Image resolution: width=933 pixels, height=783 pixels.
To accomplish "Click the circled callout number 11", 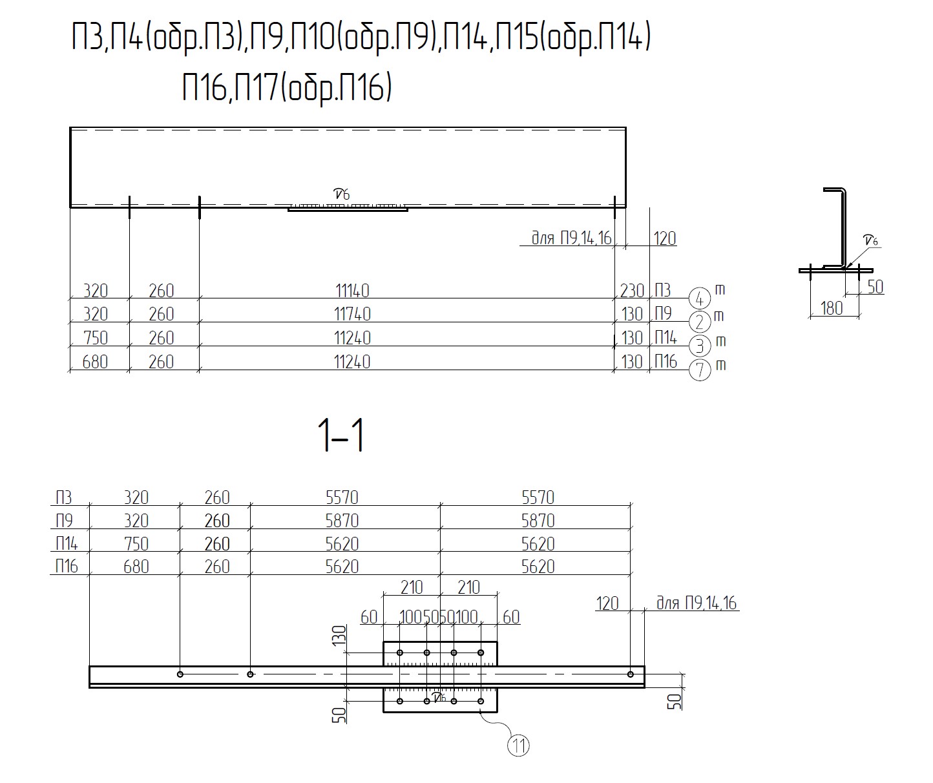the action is [x=518, y=746].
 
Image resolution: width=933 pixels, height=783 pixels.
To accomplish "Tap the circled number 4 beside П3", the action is [x=700, y=298].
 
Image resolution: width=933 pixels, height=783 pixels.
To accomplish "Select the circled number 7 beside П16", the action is [x=700, y=370].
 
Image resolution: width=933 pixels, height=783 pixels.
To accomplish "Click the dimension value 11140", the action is [x=352, y=291].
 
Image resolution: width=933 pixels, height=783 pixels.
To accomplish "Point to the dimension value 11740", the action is [x=352, y=314].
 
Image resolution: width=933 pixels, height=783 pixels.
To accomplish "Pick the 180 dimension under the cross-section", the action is [x=832, y=308].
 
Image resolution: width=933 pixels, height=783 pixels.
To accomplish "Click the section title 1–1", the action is [x=341, y=435].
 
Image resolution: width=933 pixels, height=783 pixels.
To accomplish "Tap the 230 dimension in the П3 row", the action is [x=632, y=291].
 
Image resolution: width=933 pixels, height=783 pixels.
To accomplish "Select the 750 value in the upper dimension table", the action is [x=95, y=338].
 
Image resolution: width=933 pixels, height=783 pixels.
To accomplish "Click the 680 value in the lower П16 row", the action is [x=136, y=567].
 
